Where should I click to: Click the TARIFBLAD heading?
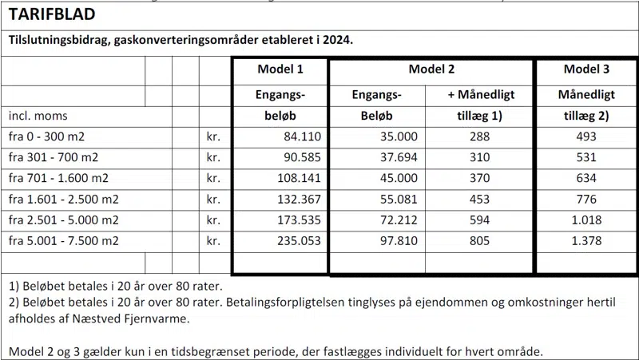pyautogui.click(x=52, y=14)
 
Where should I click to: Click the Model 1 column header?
pyautogui.click(x=280, y=69)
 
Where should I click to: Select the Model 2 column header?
pyautogui.click(x=431, y=69)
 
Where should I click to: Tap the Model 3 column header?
pyautogui.click(x=585, y=69)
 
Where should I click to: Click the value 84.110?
pyautogui.click(x=302, y=137)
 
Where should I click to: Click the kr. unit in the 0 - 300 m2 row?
pyautogui.click(x=213, y=137)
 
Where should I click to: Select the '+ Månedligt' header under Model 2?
pyautogui.click(x=480, y=96)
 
